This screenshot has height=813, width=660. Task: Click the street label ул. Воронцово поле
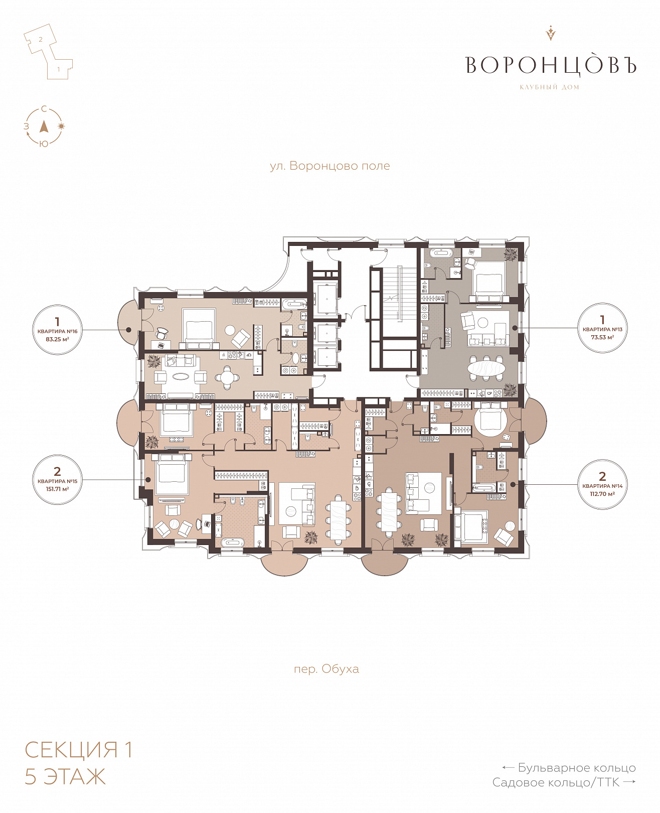coord(329,166)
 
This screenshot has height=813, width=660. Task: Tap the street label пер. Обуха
coord(326,669)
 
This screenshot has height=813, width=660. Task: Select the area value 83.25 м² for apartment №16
coord(57,339)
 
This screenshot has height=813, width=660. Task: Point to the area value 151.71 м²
coord(57,489)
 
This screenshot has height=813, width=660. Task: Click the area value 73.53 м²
coord(602,337)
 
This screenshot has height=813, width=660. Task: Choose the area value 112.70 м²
coord(602,493)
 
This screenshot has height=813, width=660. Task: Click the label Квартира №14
coord(602,486)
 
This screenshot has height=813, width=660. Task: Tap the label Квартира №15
coord(57,481)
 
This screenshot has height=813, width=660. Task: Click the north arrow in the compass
coord(44,126)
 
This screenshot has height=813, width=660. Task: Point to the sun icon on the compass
coord(61,126)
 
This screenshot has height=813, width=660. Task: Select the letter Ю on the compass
coord(44,144)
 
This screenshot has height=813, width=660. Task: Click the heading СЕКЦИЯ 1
coord(79,750)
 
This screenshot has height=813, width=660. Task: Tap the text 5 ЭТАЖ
coord(65,776)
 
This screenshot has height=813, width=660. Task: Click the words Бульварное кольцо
coord(576,767)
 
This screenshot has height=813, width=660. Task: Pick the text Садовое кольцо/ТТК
coord(556,782)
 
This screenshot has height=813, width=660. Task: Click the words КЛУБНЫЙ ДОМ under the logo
coord(549,87)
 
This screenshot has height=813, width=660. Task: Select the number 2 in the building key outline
coord(41,39)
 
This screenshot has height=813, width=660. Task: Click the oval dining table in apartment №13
coord(486,368)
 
